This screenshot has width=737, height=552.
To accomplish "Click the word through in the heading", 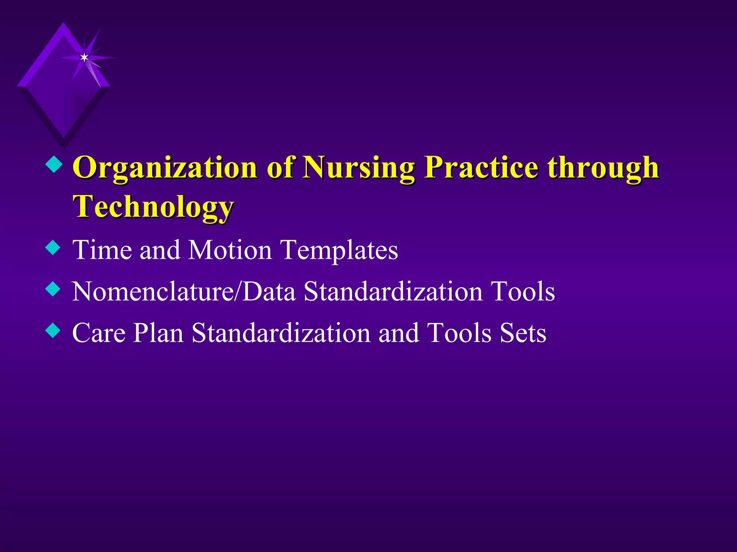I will pos(603,168).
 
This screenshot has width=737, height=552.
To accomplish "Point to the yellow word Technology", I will pos(153,207).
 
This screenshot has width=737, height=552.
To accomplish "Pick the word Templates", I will pos(339,250).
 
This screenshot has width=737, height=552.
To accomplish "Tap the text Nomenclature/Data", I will pos(184,291).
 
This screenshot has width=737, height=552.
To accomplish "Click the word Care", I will pos(99,332).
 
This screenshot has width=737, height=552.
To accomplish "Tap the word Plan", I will pos(158,333).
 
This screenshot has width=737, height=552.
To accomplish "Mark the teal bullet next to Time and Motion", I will pos(53,248).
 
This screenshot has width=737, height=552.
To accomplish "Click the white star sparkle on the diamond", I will pos(84,57).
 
